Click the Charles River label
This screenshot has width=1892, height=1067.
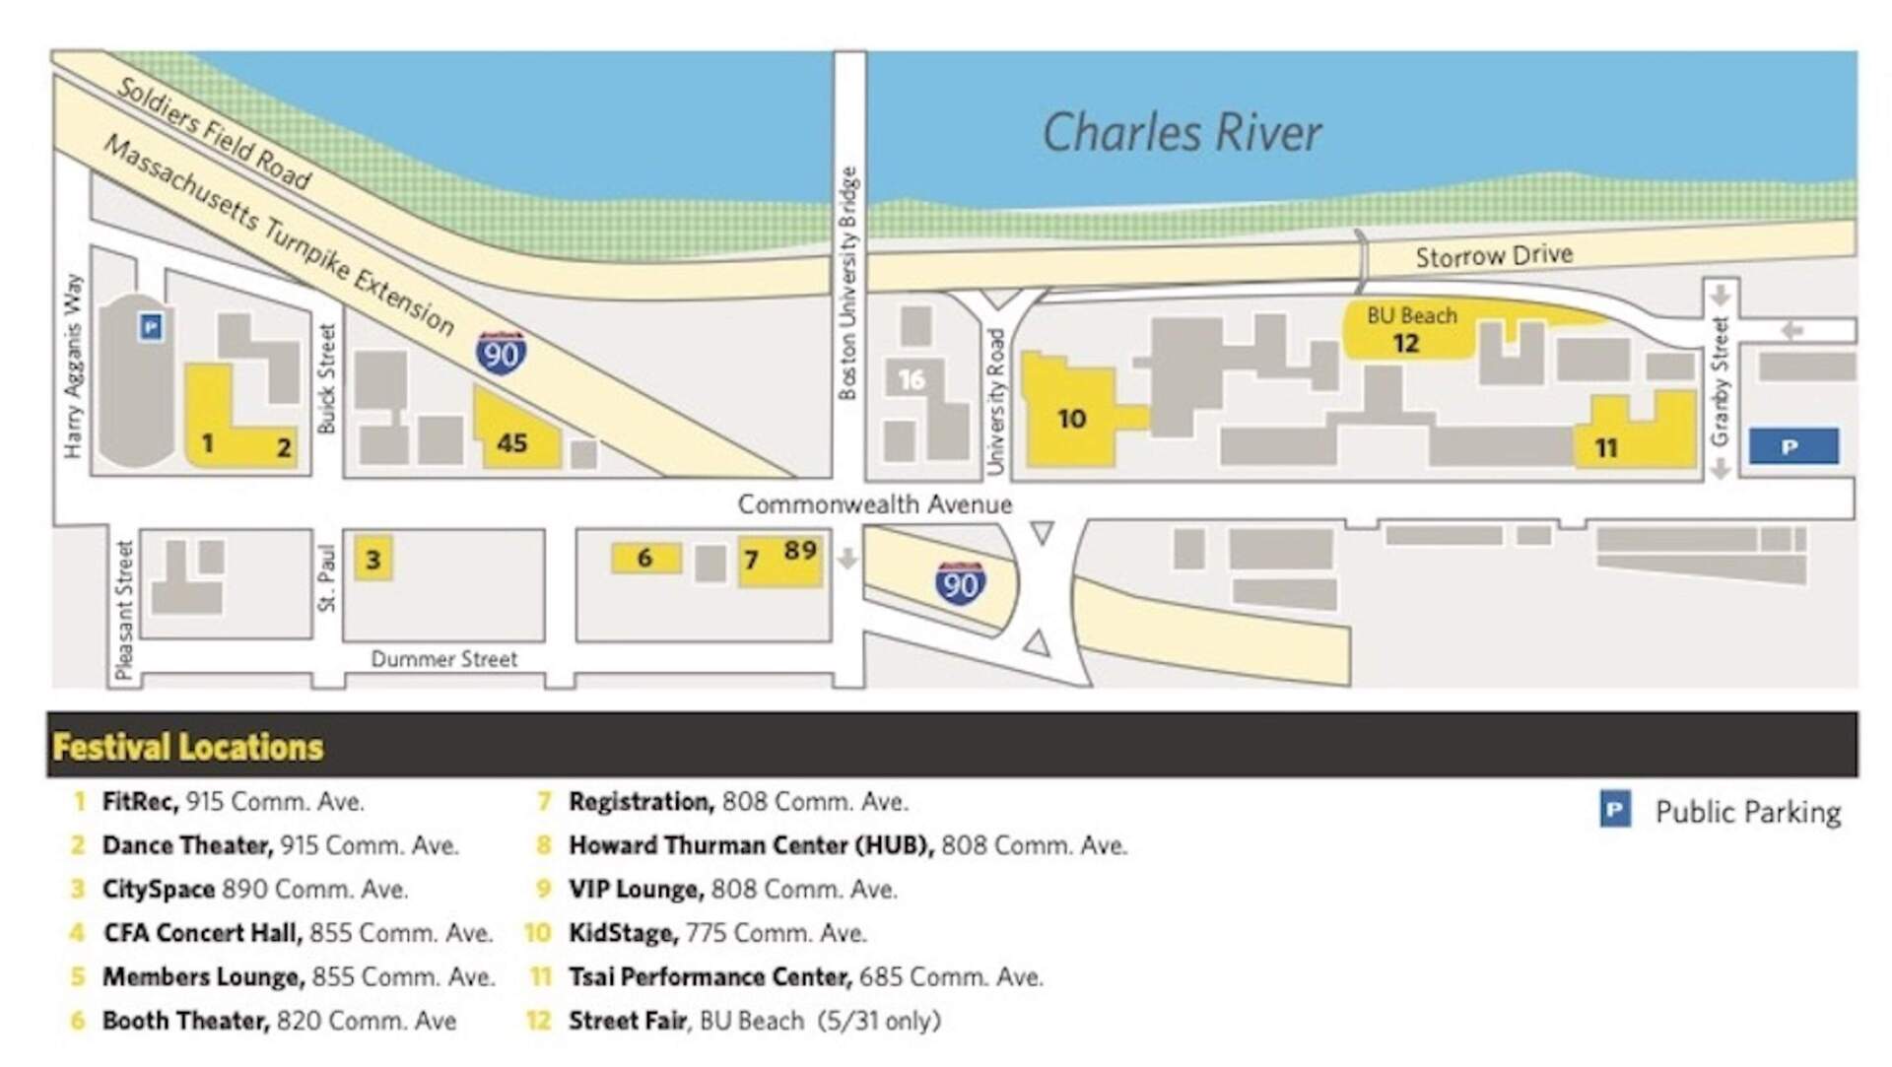[1182, 133]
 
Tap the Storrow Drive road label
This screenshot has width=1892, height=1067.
[1494, 256]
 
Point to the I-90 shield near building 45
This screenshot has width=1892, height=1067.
[501, 353]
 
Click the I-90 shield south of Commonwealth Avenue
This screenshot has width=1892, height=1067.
[960, 584]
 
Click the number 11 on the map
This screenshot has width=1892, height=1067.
[1606, 448]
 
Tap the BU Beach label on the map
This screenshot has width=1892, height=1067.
[1411, 316]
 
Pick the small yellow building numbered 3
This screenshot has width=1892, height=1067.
[373, 559]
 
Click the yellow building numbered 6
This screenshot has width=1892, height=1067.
[645, 558]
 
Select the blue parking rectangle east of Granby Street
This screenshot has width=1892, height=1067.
[1792, 446]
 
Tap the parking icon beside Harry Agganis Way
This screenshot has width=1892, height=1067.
[151, 326]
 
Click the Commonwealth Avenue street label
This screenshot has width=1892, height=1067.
[875, 504]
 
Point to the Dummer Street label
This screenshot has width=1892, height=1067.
[443, 659]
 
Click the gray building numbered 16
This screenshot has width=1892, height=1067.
[912, 379]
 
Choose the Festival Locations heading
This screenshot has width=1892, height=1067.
[188, 747]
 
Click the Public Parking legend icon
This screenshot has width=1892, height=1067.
[1614, 811]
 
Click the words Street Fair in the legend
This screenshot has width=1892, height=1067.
[627, 1021]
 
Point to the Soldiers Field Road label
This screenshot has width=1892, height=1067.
[214, 133]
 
